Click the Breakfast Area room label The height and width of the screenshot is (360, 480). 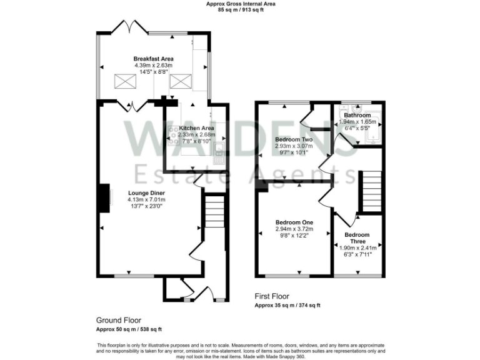tap(153, 59)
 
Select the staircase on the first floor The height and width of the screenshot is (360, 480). tap(371, 191)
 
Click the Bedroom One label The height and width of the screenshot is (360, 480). tap(294, 222)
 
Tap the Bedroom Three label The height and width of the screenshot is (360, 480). tap(357, 238)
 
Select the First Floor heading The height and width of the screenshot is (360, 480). tap(272, 296)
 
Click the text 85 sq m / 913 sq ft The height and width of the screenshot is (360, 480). tap(241, 10)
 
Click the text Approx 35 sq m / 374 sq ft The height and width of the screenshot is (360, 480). tap(287, 306)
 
